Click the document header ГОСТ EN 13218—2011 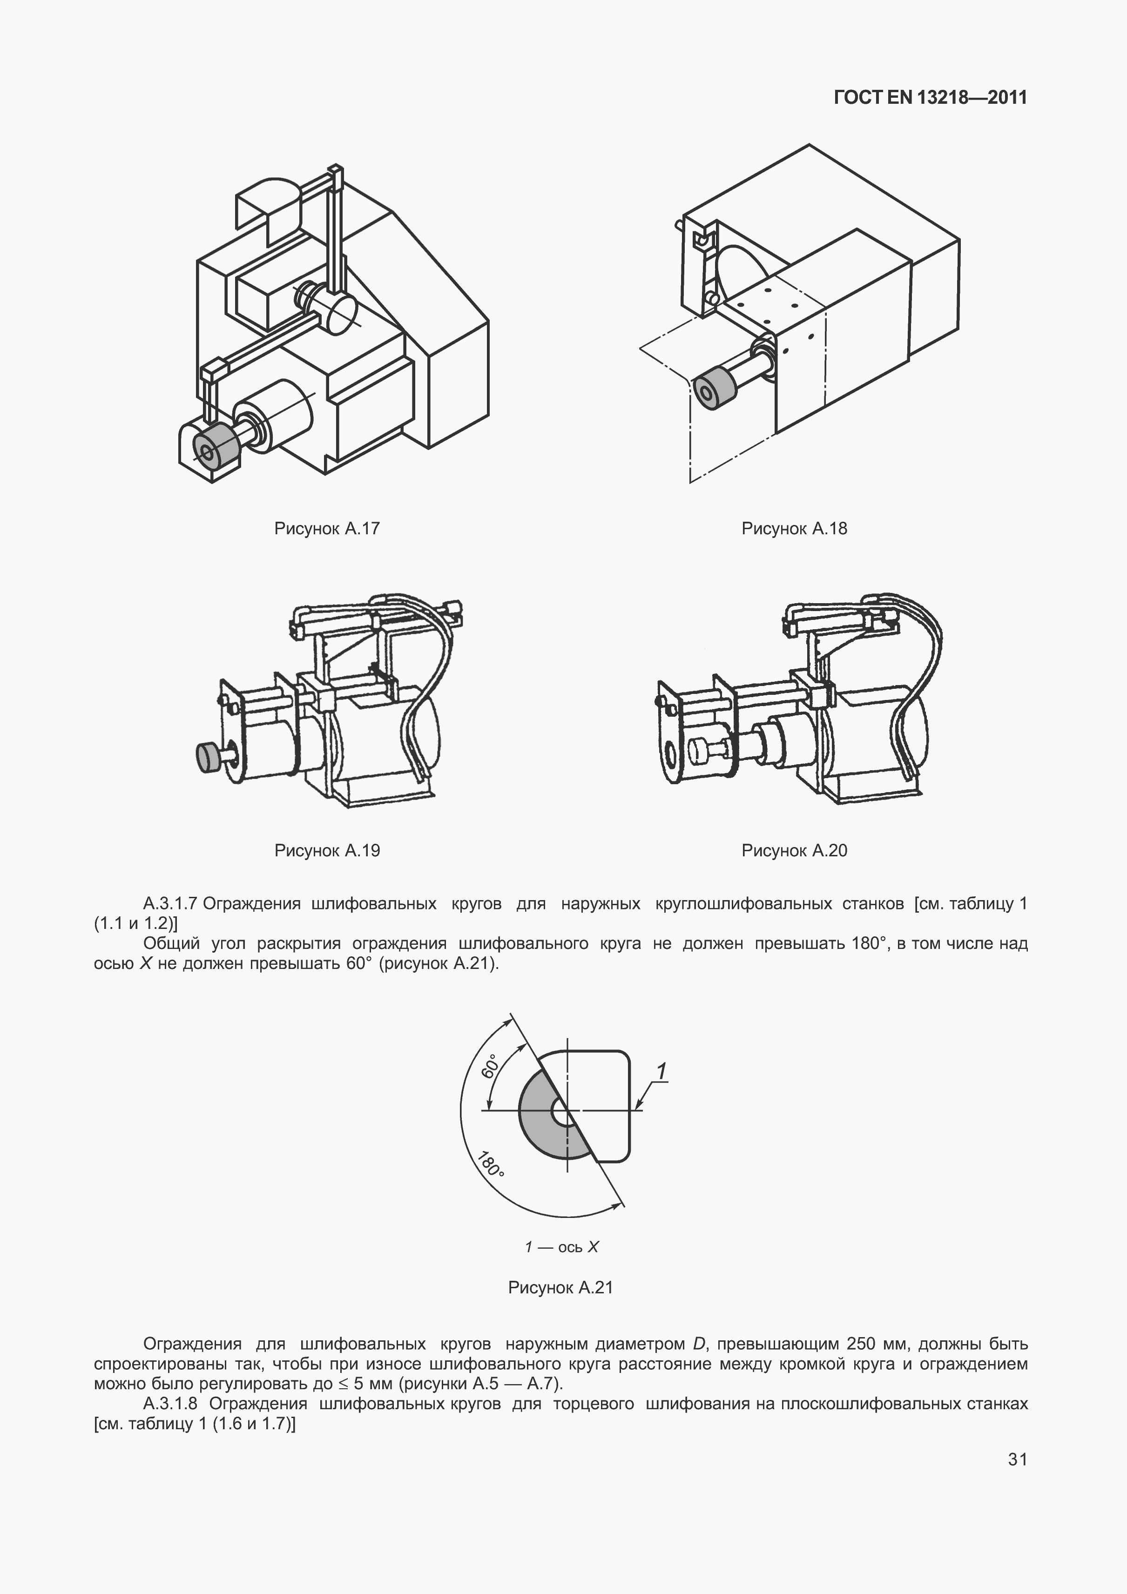(x=930, y=98)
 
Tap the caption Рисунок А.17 (x=327, y=529)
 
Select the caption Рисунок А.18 (x=794, y=529)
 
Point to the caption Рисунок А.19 (x=327, y=851)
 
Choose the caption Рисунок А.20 (x=794, y=851)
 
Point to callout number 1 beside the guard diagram (x=662, y=1072)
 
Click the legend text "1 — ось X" (x=561, y=1247)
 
